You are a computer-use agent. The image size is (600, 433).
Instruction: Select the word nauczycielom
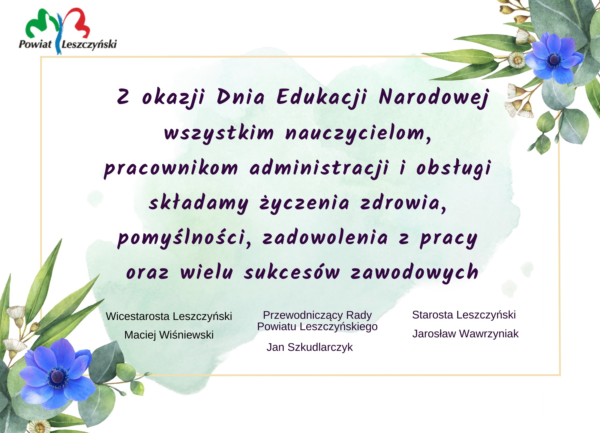pyautogui.click(x=358, y=134)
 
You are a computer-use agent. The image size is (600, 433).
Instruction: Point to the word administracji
pyautogui.click(x=319, y=168)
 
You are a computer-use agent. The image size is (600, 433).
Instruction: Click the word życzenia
pyautogui.click(x=304, y=203)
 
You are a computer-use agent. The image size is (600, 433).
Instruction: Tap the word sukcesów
pyautogui.click(x=292, y=272)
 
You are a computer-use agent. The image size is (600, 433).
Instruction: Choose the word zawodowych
pyautogui.click(x=414, y=272)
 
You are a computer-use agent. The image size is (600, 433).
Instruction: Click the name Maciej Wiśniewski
pyautogui.click(x=169, y=335)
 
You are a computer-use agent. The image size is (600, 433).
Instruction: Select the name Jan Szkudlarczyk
pyautogui.click(x=310, y=347)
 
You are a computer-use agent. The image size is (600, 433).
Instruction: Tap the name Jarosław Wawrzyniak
pyautogui.click(x=465, y=334)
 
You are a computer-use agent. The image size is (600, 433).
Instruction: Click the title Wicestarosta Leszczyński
pyautogui.click(x=169, y=316)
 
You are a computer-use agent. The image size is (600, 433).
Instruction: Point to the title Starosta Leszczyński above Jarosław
pyautogui.click(x=464, y=315)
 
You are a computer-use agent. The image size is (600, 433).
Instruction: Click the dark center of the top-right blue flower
pyautogui.click(x=554, y=60)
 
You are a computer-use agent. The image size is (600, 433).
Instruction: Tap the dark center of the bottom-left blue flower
pyautogui.click(x=57, y=377)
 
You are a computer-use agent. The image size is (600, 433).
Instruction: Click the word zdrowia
pyautogui.click(x=403, y=203)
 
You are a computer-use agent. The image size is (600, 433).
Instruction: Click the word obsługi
pyautogui.click(x=454, y=168)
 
